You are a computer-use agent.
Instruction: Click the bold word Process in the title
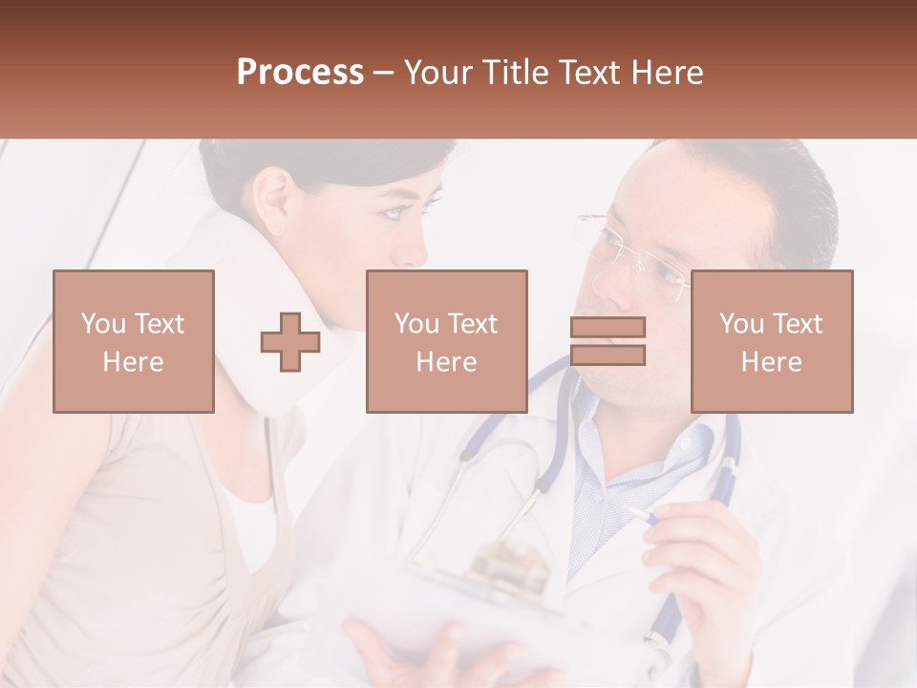[x=300, y=73]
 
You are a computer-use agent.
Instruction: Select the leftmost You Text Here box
[x=133, y=342]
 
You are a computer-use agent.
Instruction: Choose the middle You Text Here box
[x=446, y=342]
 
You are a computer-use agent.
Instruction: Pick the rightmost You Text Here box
[x=771, y=342]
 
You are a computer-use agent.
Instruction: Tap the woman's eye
[x=394, y=211]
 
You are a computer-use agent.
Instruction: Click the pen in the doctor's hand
[x=637, y=517]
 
